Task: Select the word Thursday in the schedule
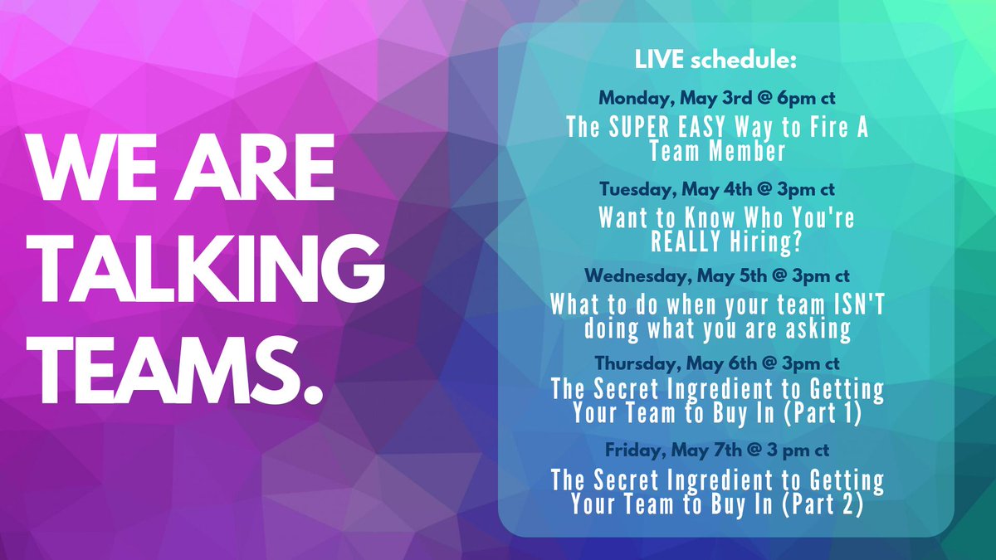click(x=634, y=363)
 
